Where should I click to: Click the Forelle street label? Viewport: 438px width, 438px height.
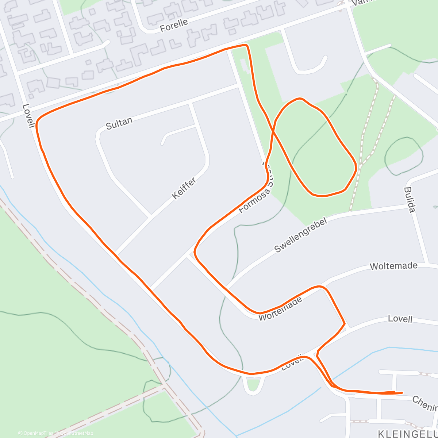[x=174, y=25]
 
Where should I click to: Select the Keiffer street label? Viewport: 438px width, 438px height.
[x=184, y=188]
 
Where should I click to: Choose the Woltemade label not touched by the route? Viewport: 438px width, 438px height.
[x=393, y=266]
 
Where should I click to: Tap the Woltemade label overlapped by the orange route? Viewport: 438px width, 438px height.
[x=280, y=310]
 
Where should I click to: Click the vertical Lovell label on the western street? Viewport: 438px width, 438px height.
[x=28, y=116]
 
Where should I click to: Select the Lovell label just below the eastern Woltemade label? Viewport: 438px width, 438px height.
[x=400, y=319]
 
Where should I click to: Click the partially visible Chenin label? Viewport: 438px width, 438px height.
[x=425, y=403]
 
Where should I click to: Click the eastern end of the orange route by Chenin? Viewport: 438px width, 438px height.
[x=402, y=393]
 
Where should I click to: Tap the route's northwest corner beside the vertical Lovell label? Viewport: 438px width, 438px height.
[x=38, y=119]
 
